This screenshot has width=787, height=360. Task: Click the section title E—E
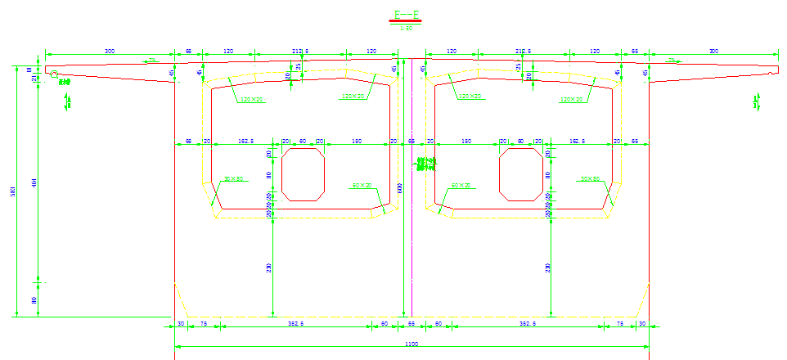tap(407, 15)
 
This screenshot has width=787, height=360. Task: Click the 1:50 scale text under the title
tap(407, 28)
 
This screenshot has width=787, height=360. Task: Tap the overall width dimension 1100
tap(411, 344)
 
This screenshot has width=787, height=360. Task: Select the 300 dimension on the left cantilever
tap(110, 52)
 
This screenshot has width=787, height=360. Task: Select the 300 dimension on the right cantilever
tap(713, 52)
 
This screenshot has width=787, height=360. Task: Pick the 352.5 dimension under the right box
tap(527, 324)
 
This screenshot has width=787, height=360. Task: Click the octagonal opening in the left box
tap(303, 173)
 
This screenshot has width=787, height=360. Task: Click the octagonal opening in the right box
tap(520, 173)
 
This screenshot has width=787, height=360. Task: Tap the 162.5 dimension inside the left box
tap(245, 142)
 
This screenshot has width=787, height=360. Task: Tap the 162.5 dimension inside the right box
tap(578, 142)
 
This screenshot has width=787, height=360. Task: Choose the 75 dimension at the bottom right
tap(619, 324)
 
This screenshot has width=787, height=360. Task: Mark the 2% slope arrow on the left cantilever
tap(152, 61)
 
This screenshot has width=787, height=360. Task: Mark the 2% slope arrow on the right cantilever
tap(672, 61)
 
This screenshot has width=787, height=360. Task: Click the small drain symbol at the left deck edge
tap(55, 75)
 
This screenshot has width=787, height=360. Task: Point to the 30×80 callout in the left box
tap(234, 178)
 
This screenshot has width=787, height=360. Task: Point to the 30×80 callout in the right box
tap(590, 178)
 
